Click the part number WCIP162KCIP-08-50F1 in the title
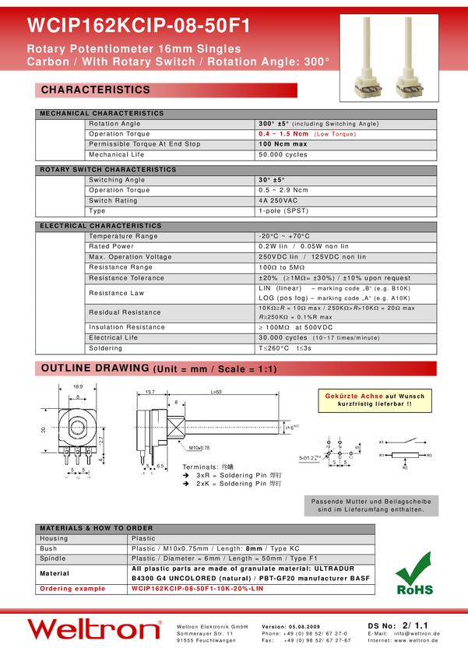(x=139, y=26)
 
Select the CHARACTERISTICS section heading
(x=96, y=90)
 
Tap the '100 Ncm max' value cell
(x=283, y=144)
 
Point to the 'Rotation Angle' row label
(x=114, y=124)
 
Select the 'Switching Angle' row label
(x=117, y=180)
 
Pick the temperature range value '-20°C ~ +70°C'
(x=284, y=236)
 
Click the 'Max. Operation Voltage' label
(x=130, y=257)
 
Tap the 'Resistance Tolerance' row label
(x=126, y=278)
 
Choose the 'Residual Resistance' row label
(x=125, y=312)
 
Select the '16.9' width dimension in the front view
(x=78, y=386)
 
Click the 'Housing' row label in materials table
(x=54, y=538)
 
